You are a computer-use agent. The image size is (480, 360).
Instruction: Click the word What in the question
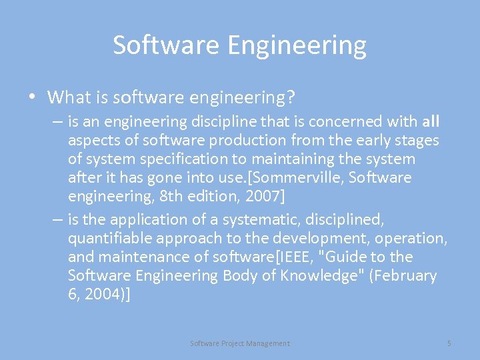pyautogui.click(x=69, y=97)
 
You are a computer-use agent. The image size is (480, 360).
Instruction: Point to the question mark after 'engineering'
pyautogui.click(x=290, y=97)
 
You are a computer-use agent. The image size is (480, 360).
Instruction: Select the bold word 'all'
pyautogui.click(x=431, y=121)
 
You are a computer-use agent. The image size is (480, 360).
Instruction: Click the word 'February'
pyautogui.click(x=403, y=275)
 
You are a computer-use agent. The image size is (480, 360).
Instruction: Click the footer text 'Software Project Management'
pyautogui.click(x=240, y=343)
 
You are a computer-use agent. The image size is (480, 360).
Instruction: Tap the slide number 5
pyautogui.click(x=449, y=343)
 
